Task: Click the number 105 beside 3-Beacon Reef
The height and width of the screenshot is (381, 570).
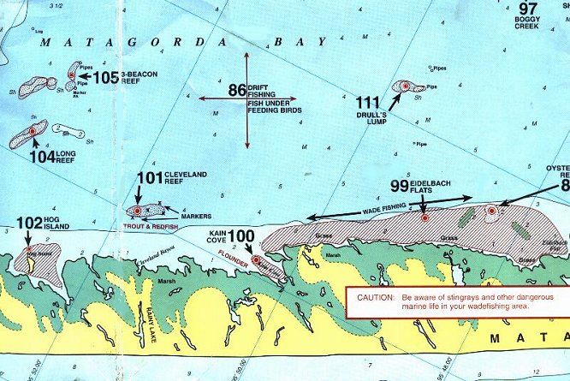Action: [x=106, y=78]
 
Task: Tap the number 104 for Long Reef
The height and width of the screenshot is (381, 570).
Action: [x=41, y=157]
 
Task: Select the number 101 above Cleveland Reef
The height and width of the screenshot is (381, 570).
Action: [x=150, y=178]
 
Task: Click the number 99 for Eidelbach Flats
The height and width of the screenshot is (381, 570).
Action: [x=400, y=186]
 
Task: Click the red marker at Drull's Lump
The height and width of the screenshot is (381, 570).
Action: [x=404, y=86]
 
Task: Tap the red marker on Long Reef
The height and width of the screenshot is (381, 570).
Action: [x=33, y=131]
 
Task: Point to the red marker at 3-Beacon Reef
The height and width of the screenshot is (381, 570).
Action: [x=72, y=75]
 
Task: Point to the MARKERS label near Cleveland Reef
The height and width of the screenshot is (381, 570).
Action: [x=196, y=217]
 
